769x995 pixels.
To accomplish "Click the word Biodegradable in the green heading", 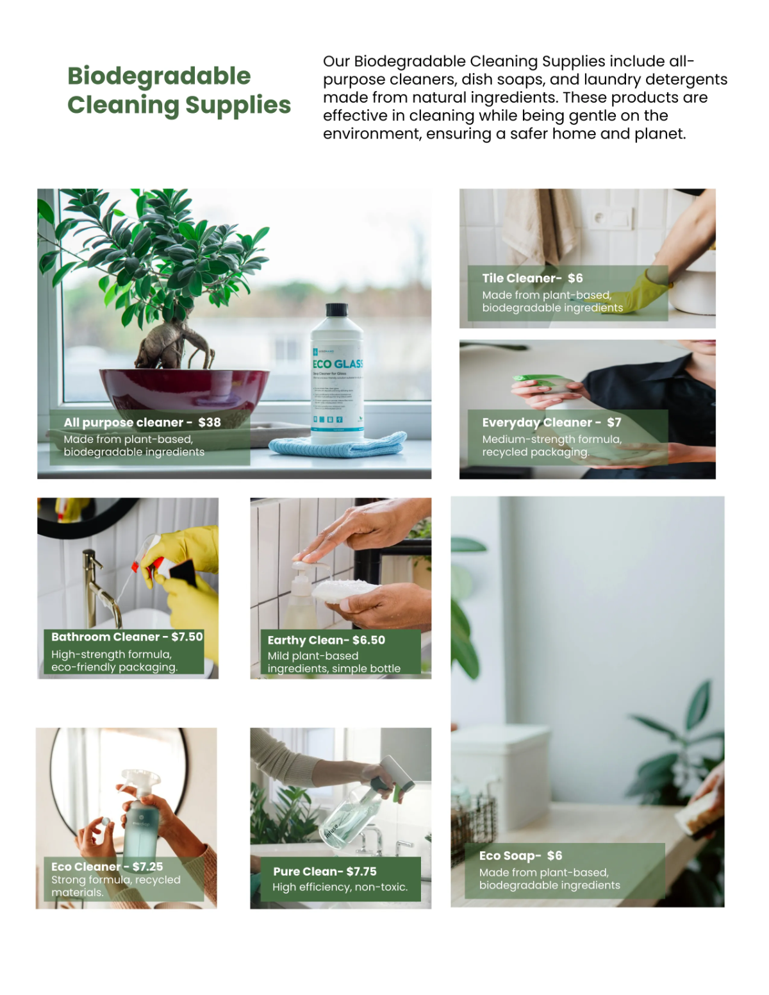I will tap(159, 76).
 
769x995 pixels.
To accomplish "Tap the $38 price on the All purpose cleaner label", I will tap(210, 422).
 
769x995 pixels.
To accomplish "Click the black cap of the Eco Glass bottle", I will tap(336, 311).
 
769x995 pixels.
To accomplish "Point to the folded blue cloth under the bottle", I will tap(338, 445).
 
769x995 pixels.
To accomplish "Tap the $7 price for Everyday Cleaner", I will tap(614, 422).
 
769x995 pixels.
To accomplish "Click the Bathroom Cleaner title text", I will tap(105, 637).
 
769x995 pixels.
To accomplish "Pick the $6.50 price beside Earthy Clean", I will tap(368, 640).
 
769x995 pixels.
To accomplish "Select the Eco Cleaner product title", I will tap(86, 866).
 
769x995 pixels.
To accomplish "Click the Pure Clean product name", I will tap(306, 871).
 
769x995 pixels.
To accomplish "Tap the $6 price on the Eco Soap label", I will tap(554, 855).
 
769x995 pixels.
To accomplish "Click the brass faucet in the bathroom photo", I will tap(96, 583).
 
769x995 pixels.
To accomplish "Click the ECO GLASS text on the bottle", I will tap(338, 364).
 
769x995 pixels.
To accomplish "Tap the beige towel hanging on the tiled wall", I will tap(532, 224).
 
